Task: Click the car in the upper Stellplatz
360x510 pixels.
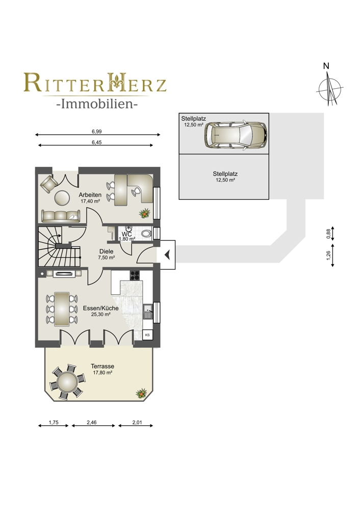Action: coord(236,135)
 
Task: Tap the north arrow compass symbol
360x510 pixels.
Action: coord(330,88)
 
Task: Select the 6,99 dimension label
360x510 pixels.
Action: coord(96,132)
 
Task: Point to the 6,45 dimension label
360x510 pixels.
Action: coord(96,142)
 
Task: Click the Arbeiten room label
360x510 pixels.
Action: coord(90,195)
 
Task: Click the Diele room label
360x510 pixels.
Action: coord(107,251)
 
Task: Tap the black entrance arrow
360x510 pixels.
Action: coord(167,254)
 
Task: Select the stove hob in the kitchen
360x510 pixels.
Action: coord(135,275)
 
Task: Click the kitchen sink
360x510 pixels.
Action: coord(148,311)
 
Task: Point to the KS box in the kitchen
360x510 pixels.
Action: coord(147,335)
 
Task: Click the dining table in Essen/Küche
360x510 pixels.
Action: coord(62,309)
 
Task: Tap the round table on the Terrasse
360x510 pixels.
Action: coord(67,381)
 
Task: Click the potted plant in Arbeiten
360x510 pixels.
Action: coord(144,213)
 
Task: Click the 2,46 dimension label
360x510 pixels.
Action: coord(92,422)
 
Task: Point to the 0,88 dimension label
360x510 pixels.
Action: coord(328,234)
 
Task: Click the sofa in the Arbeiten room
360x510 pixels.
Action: coord(61,216)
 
